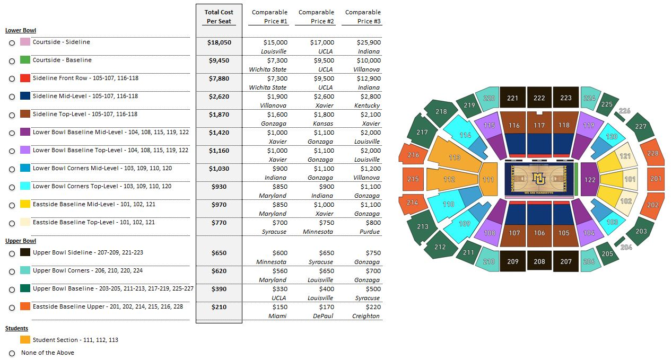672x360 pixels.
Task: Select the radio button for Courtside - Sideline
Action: (12, 43)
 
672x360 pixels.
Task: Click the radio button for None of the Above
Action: (12, 353)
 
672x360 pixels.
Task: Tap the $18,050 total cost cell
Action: (219, 42)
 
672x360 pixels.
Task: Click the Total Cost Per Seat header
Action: (219, 16)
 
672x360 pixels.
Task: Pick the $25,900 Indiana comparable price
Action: (369, 42)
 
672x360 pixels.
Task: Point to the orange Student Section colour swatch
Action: (25, 340)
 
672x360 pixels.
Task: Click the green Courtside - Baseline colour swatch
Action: (25, 60)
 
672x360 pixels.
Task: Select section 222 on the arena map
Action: (539, 98)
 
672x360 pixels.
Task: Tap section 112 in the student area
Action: (449, 179)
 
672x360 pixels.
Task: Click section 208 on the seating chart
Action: (539, 261)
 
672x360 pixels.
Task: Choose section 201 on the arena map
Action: (656, 179)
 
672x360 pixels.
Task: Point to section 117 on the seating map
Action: (539, 126)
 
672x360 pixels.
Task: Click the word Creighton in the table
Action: (366, 316)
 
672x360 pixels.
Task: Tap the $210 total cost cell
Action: (219, 307)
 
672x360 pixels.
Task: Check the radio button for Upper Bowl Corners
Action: (12, 272)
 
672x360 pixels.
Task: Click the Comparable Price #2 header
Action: (316, 16)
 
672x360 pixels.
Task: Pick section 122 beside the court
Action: (590, 180)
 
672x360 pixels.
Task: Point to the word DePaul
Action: (323, 316)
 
